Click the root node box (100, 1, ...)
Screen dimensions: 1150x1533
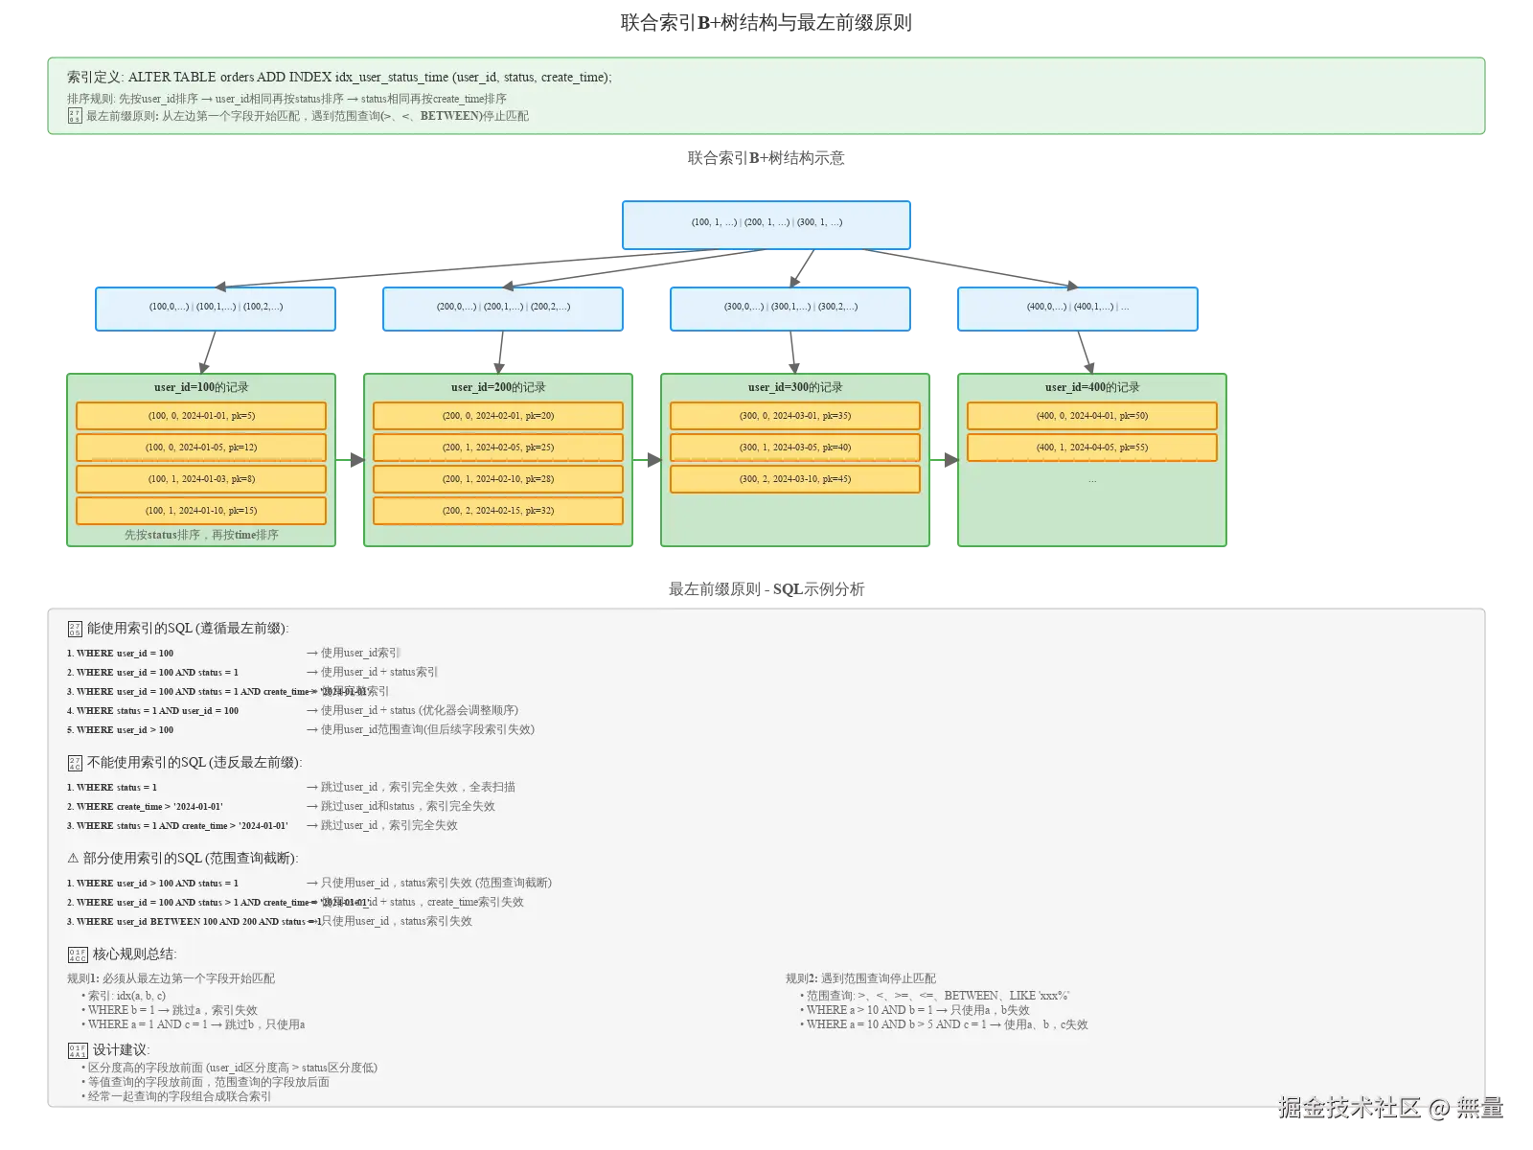coord(766,224)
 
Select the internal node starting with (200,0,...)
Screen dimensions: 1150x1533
coord(503,308)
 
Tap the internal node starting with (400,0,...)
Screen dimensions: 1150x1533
coord(1078,308)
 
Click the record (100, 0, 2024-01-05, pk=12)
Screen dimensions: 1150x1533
coord(201,448)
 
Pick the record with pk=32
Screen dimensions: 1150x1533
coord(498,511)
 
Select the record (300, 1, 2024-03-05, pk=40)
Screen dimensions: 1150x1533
coord(795,448)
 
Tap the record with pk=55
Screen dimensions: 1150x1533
coord(1092,448)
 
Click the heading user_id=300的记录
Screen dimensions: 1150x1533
coord(795,387)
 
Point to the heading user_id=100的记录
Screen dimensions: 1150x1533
coord(201,387)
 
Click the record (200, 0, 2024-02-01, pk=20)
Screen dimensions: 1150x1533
coord(498,416)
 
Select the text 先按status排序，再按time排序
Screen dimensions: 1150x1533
coord(201,535)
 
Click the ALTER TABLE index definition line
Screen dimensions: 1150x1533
coord(339,78)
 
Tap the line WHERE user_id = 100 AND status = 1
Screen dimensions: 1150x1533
coord(153,673)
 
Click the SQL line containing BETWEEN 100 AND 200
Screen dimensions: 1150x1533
coord(192,922)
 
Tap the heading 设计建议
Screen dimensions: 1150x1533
coord(120,1050)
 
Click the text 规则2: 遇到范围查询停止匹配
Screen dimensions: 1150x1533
coord(860,978)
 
